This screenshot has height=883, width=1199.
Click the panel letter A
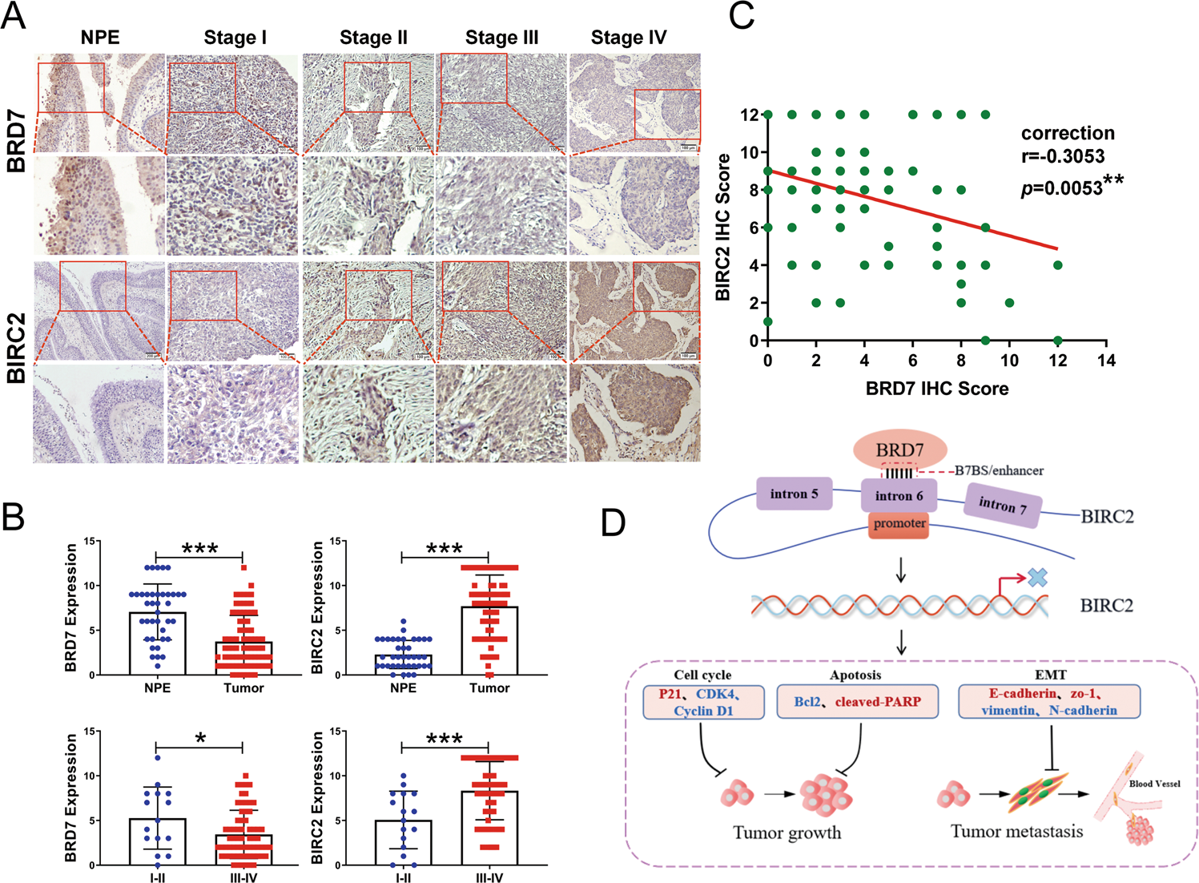tap(14, 16)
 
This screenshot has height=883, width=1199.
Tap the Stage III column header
tap(501, 38)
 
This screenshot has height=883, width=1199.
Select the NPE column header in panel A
tap(100, 38)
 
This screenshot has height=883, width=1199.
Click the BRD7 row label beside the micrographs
tap(16, 143)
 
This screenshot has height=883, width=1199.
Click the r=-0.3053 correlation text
tap(1063, 156)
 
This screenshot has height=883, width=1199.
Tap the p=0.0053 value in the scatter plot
tap(1062, 188)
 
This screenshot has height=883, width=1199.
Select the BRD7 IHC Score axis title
tap(936, 389)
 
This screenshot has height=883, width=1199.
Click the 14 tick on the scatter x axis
tap(1106, 361)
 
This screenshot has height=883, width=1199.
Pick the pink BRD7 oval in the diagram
tap(899, 450)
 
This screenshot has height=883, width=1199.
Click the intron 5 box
tap(794, 494)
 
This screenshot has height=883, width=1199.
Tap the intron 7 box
tap(1003, 505)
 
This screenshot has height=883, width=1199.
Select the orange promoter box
tap(899, 524)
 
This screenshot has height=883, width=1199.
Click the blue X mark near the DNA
tap(1037, 577)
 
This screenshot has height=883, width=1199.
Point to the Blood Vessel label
tap(1154, 784)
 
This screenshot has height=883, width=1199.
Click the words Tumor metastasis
tap(1016, 832)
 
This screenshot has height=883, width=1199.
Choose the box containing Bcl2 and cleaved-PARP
tap(857, 702)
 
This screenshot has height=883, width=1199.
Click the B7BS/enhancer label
tap(999, 471)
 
